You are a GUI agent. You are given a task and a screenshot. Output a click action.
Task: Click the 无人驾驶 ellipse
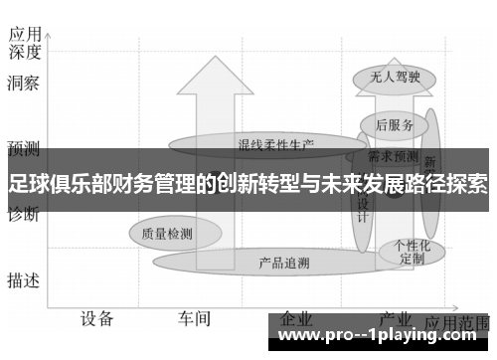point(388,76)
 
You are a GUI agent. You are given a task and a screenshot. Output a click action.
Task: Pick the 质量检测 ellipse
point(167,235)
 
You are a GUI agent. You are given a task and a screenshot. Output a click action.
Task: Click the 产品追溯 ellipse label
point(283,263)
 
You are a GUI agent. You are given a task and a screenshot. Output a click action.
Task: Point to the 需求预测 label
point(393,156)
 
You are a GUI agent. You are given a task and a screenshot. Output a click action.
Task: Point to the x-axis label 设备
point(96,319)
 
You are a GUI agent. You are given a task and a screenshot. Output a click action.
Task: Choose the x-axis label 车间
point(194,319)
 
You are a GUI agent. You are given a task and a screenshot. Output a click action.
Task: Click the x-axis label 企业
point(297,318)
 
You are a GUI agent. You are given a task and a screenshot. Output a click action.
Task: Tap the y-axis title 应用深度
point(24,41)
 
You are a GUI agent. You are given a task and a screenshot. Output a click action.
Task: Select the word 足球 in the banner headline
point(26,183)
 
